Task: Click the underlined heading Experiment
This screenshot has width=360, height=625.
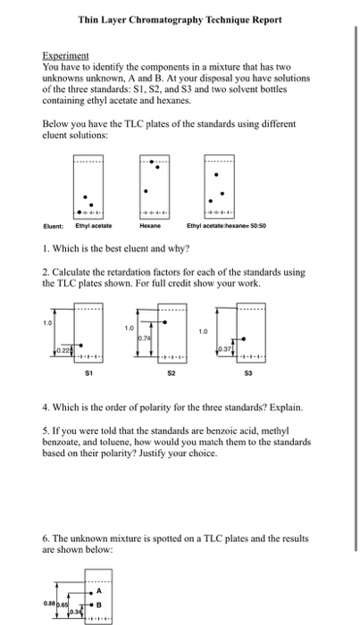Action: (65, 55)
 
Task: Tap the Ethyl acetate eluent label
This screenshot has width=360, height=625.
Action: (94, 226)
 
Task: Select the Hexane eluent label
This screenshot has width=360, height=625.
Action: (150, 226)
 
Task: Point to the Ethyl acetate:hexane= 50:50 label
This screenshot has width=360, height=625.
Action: (226, 226)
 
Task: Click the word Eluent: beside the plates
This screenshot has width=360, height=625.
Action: (53, 226)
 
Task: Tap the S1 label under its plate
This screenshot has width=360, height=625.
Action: (89, 373)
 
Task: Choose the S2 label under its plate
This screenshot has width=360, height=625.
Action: (171, 373)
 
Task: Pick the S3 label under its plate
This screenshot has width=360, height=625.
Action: (248, 373)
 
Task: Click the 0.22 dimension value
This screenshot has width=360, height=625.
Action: (62, 350)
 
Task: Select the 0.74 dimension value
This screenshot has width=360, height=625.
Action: (145, 338)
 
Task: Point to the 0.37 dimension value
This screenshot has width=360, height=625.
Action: (224, 349)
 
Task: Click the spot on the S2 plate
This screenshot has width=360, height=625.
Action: (165, 322)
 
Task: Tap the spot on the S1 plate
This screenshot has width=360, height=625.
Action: (81, 346)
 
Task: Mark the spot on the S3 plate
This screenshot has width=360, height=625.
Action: (244, 338)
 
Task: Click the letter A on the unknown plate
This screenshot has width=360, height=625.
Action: (99, 591)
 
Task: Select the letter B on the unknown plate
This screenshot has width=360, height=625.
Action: (99, 604)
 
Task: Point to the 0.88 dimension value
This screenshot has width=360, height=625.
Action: (48, 604)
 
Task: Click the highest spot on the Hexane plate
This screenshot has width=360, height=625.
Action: (152, 162)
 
